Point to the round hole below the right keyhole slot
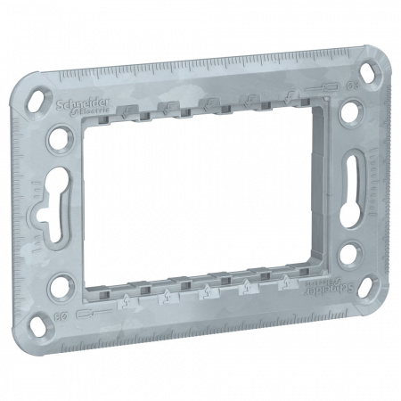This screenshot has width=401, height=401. tap(348, 260)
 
